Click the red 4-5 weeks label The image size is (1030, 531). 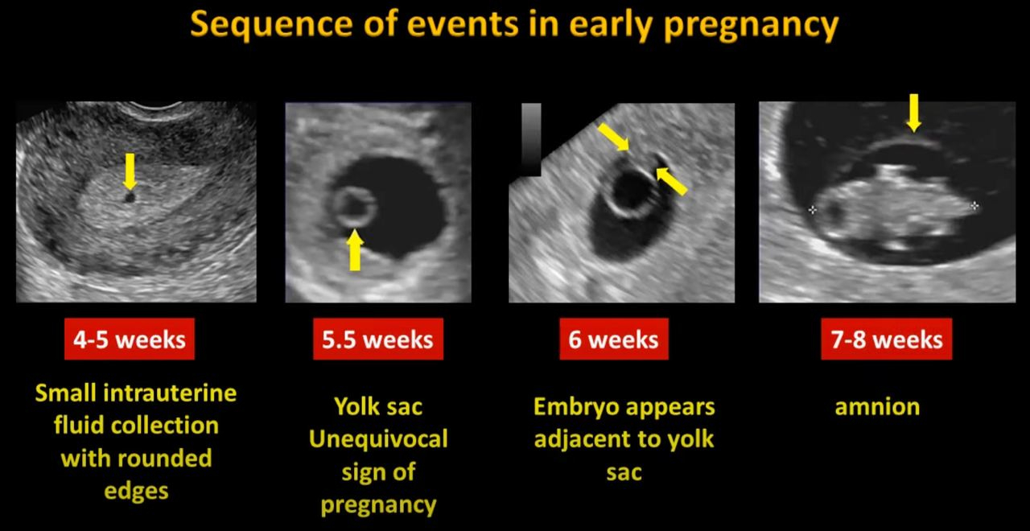pos(130,339)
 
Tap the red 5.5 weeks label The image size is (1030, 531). pos(378,339)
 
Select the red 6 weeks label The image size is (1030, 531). pos(613,339)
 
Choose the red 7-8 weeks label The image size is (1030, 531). pos(887,339)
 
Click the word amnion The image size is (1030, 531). pos(877,407)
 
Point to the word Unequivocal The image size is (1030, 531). pos(378,439)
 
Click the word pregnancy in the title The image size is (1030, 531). pos(752,26)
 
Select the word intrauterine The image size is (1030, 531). pos(170,393)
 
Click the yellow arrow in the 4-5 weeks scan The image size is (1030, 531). pos(130,171)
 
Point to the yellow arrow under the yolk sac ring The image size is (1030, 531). pos(355,249)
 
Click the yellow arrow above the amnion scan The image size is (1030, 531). pos(913,113)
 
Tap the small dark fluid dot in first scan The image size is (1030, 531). pos(130,197)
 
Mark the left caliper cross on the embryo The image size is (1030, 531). pos(813,210)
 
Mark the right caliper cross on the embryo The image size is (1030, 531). pos(974,205)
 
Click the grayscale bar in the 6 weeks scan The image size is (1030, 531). pos(531,139)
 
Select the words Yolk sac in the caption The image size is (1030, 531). pos(378,407)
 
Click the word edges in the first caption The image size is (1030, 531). pos(136,492)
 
